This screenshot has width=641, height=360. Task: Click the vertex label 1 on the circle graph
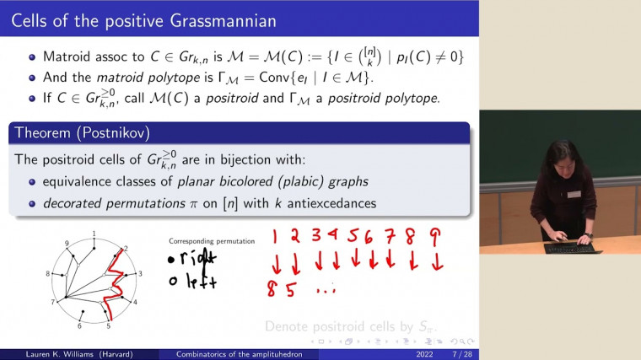[x=94, y=233]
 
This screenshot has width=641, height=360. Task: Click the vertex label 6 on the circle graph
[x=79, y=325]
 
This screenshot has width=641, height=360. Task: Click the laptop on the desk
[x=573, y=246]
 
